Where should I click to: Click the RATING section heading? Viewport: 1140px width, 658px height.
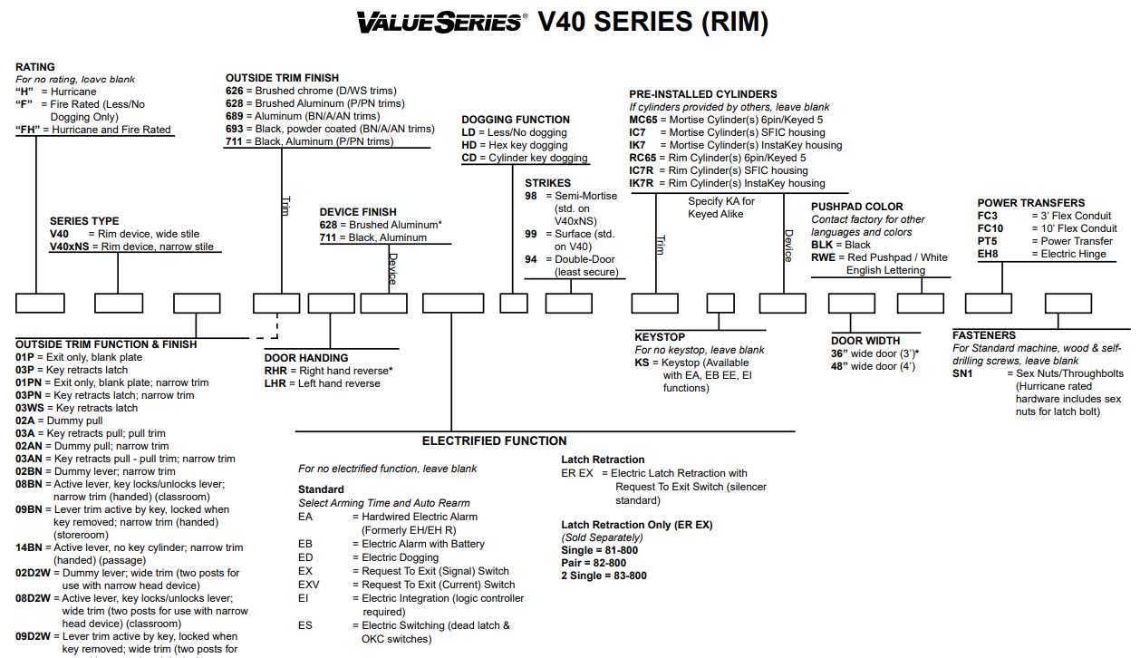[35, 67]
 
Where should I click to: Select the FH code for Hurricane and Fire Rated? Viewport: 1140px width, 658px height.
[28, 130]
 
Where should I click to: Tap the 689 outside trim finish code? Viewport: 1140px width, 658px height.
[235, 116]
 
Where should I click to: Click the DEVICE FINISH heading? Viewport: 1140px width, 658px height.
[358, 212]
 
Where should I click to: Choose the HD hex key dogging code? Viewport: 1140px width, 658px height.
[469, 145]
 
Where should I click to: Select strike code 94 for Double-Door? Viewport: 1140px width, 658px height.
[531, 259]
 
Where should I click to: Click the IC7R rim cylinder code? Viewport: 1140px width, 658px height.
[642, 170]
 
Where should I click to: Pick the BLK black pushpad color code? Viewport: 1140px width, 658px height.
[822, 245]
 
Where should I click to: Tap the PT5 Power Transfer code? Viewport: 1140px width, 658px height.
[988, 241]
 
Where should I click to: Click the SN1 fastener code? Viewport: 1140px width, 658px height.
[962, 373]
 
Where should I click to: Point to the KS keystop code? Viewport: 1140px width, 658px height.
[642, 363]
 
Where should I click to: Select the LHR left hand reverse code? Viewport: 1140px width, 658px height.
[275, 383]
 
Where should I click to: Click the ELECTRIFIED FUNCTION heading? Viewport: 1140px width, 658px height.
[494, 441]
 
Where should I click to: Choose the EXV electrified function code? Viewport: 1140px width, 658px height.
[309, 585]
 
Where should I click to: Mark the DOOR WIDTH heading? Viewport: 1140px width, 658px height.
[865, 341]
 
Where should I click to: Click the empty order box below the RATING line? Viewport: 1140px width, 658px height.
[39, 304]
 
